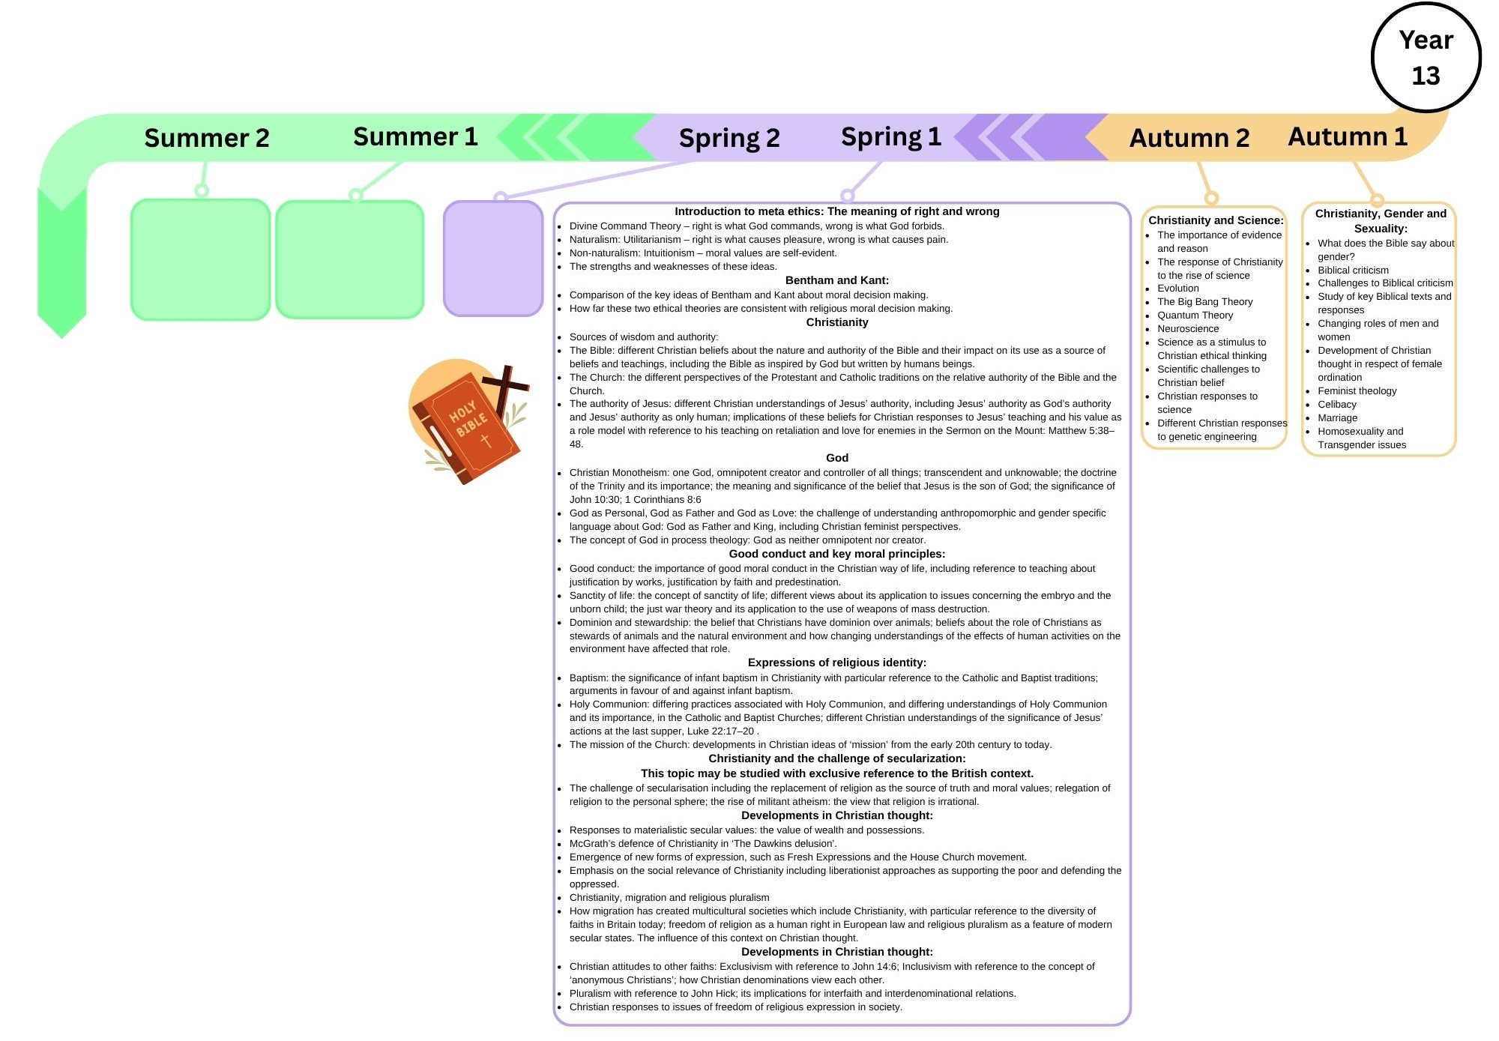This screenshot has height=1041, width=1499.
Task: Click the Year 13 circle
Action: (1426, 58)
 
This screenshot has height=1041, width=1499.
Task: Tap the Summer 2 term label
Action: (206, 138)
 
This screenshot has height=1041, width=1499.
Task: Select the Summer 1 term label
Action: (415, 136)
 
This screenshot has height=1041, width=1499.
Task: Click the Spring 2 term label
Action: (729, 138)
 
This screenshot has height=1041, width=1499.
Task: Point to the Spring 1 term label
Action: (890, 136)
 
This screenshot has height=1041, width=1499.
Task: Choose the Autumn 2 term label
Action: (1189, 138)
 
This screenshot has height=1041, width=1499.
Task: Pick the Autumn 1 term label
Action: (1348, 136)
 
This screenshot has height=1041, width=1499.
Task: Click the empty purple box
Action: (493, 259)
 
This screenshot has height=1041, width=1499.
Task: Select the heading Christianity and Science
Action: (1216, 220)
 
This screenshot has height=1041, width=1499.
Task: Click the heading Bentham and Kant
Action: (836, 280)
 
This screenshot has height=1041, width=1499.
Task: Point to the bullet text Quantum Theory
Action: (1195, 316)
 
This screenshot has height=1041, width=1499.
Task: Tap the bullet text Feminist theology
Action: (1357, 391)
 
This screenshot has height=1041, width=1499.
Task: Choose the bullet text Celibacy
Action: (1337, 405)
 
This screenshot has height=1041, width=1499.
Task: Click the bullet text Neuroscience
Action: (1188, 329)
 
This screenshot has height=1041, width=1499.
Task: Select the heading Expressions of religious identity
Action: (836, 663)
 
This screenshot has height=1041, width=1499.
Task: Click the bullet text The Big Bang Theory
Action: (1204, 302)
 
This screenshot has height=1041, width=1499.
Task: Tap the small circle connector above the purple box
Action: (501, 198)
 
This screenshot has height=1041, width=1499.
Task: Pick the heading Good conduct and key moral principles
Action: (836, 554)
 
